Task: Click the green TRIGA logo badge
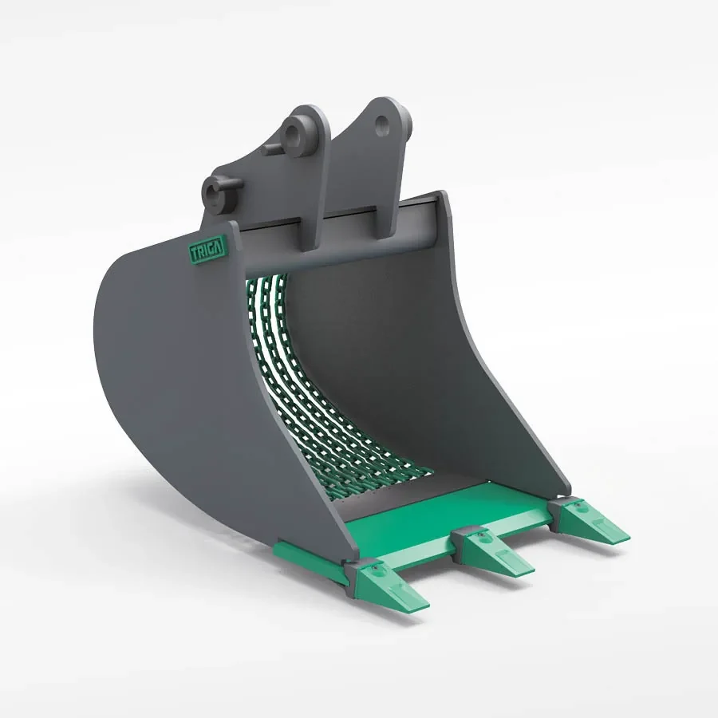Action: point(207,249)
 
